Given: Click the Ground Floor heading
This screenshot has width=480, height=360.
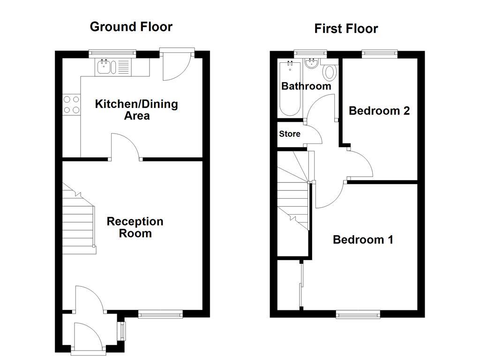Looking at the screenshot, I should click(131, 27).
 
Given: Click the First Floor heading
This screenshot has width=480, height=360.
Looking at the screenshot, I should click(346, 29).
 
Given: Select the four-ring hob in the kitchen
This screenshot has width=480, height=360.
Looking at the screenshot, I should click(71, 105).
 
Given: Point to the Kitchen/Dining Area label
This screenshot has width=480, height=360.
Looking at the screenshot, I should click(136, 109).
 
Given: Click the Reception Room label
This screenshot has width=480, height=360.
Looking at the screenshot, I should click(135, 227).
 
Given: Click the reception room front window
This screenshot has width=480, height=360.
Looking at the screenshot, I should click(160, 314).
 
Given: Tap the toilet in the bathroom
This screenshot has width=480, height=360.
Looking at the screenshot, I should click(330, 73).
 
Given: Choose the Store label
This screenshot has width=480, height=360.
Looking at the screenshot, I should click(289, 134).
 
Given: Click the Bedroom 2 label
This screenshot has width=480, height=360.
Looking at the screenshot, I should click(379, 111).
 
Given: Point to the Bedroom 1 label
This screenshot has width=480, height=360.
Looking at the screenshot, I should click(362, 240).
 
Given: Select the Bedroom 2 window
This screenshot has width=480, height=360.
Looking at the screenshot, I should click(379, 54).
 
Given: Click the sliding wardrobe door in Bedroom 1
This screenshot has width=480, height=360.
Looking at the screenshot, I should click(300, 286).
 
